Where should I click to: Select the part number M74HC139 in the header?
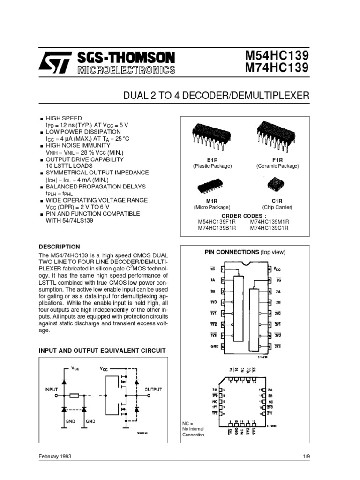277,68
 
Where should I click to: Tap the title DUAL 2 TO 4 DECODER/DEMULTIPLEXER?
216,96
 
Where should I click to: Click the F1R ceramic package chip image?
276,134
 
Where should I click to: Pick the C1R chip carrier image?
276,185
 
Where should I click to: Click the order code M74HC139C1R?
269,228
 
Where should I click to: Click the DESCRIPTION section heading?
59,247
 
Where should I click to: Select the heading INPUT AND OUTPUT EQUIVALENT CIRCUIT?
102,350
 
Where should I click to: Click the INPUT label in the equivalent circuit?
51,389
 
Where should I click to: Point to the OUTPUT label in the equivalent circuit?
153,389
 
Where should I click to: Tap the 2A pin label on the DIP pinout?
277,291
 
